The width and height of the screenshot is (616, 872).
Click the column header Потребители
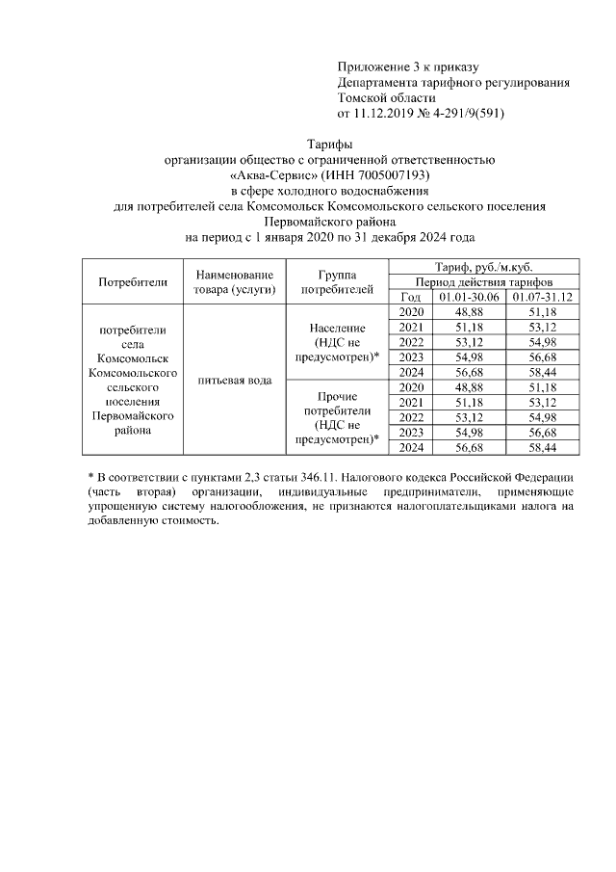point(133,282)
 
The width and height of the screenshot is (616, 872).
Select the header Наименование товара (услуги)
point(234,282)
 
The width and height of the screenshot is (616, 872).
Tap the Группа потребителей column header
point(337,282)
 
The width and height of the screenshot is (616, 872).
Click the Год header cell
point(411,297)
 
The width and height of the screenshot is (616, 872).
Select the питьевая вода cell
point(234,380)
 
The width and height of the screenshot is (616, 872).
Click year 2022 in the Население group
point(411,343)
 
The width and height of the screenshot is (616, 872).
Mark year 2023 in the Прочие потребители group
point(411,433)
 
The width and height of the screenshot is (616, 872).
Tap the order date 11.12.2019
point(387,113)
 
